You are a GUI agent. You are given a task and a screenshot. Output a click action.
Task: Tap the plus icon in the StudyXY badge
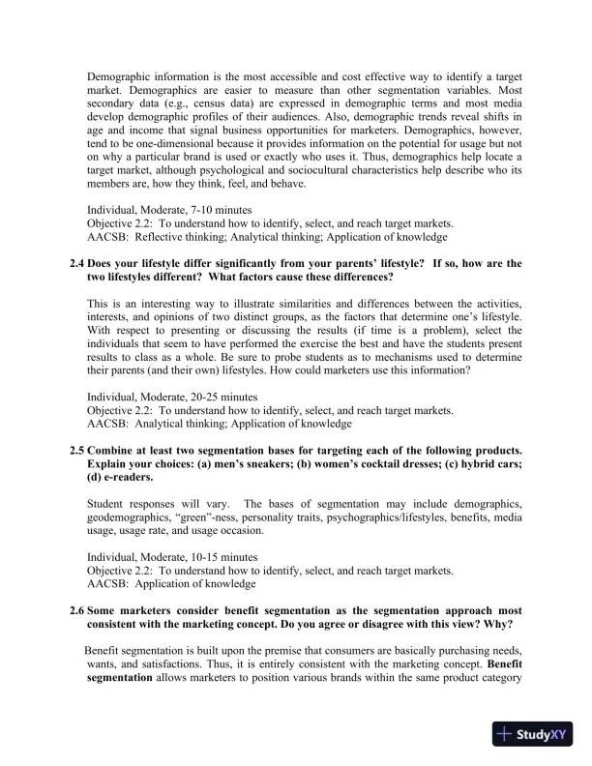504,735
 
